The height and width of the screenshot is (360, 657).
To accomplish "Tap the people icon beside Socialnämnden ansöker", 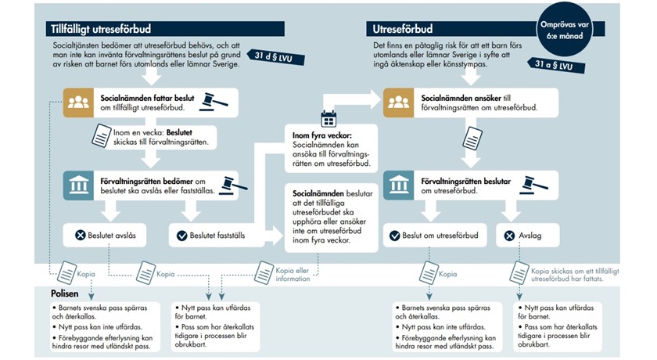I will tap(397, 103).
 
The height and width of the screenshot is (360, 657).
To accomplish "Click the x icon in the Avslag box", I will tap(510, 235).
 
